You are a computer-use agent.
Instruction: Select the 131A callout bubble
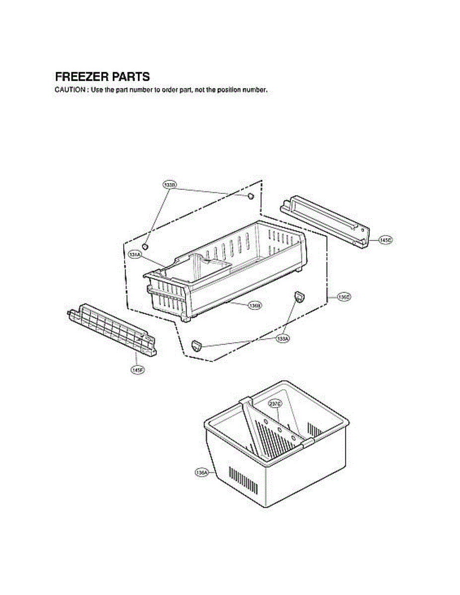[x=135, y=254]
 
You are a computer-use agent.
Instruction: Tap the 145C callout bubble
[x=386, y=240]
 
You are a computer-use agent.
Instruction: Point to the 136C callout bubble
[x=344, y=297]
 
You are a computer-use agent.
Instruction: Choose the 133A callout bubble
[x=283, y=338]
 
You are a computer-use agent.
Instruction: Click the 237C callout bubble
[x=275, y=404]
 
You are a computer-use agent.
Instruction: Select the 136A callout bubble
[x=201, y=473]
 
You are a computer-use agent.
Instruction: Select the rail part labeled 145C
[x=325, y=222]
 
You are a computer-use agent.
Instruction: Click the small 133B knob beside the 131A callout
[x=145, y=246]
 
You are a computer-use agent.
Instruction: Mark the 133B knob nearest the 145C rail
[x=251, y=197]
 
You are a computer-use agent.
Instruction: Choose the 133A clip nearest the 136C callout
[x=299, y=297]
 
